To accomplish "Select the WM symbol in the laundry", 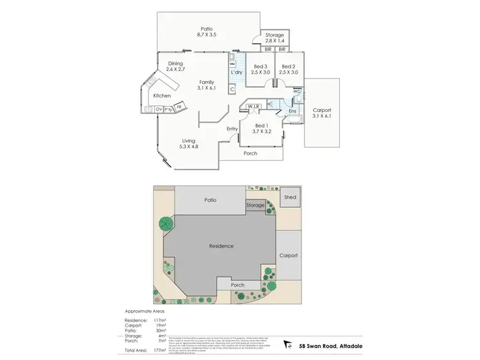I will click(232, 65).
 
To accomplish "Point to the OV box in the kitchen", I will click(159, 110).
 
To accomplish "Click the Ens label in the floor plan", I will click(292, 112).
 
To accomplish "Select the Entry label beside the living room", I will click(232, 129).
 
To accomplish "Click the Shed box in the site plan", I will click(291, 198).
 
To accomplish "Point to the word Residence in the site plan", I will click(220, 246).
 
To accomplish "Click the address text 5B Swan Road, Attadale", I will click(332, 345).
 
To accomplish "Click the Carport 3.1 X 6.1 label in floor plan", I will click(322, 113).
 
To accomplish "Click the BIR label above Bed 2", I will click(282, 49).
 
